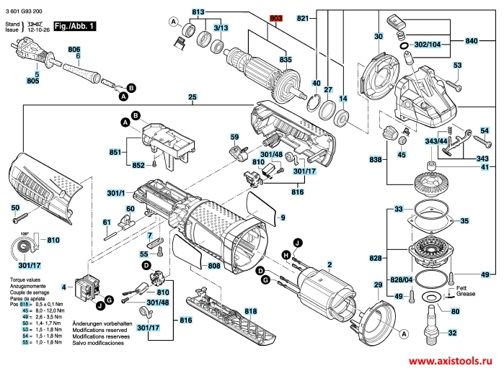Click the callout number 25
[x=192, y=97]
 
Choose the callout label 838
[x=375, y=159]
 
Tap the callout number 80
[x=454, y=311]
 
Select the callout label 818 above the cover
[x=250, y=311]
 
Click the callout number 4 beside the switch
[x=63, y=287]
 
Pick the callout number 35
[x=464, y=220]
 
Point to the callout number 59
[x=234, y=136]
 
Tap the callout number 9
[x=283, y=218]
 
